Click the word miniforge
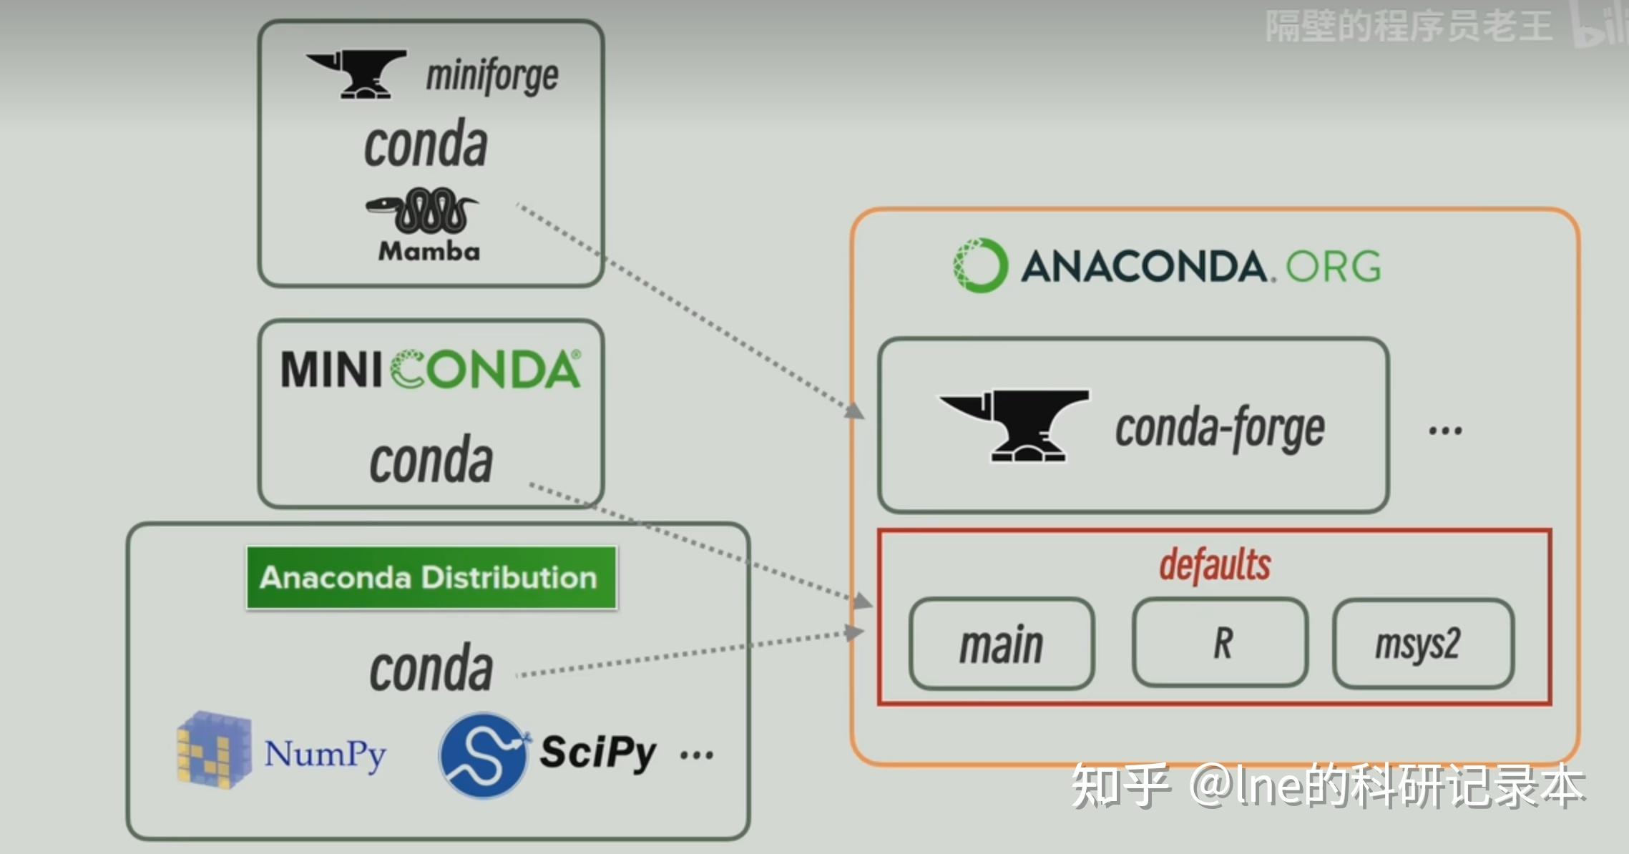point(492,76)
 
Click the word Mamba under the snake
point(429,251)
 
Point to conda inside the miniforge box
point(426,145)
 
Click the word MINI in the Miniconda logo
point(331,370)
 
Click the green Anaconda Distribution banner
point(431,578)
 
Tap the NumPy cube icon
point(214,750)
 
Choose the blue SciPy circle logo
point(483,755)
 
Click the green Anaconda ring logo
point(981,265)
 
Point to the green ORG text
point(1334,267)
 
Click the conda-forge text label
point(1220,428)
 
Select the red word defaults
point(1215,565)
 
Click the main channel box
point(1002,644)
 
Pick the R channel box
point(1220,643)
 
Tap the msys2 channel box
point(1423,644)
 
